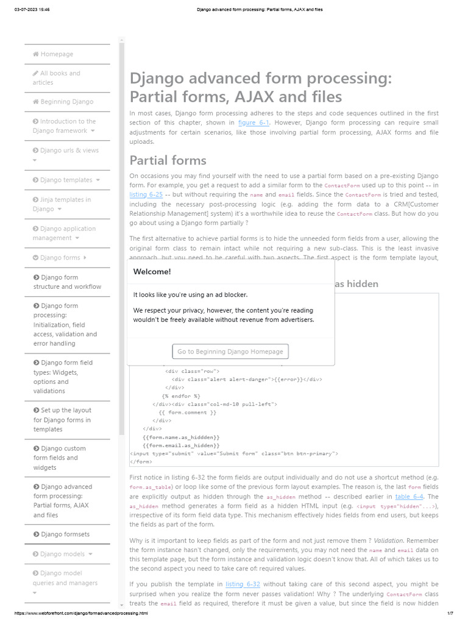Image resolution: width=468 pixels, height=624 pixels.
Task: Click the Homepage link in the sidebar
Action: coord(57,54)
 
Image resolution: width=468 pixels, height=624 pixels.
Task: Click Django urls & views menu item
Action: coord(69,151)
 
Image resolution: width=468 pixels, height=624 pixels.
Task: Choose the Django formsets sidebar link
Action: coord(65,534)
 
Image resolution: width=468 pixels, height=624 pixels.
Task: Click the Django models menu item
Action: coord(62,554)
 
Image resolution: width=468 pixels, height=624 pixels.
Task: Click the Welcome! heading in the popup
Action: coord(152,272)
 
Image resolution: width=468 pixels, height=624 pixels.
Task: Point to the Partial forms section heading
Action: coord(168,160)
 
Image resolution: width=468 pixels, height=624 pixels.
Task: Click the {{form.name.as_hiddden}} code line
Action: coord(181,438)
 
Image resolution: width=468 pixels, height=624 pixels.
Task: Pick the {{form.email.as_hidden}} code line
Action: coord(181,445)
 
